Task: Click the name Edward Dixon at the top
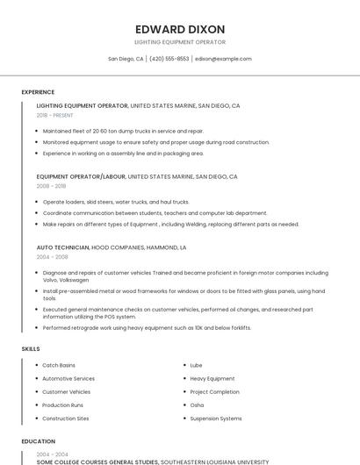179,29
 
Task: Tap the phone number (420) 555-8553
169,59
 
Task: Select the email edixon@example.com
223,59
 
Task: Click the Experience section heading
38,92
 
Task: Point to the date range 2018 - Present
55,115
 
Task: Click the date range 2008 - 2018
51,186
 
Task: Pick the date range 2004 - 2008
51,258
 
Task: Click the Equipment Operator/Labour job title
81,176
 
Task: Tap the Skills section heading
31,349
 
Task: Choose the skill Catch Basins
59,365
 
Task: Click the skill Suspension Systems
215,418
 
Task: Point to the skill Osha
197,405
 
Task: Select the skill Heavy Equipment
212,378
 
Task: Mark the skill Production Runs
62,405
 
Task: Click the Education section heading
38,441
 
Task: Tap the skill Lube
196,365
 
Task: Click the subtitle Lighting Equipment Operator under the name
179,42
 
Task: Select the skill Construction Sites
65,418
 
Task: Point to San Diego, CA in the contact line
126,59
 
